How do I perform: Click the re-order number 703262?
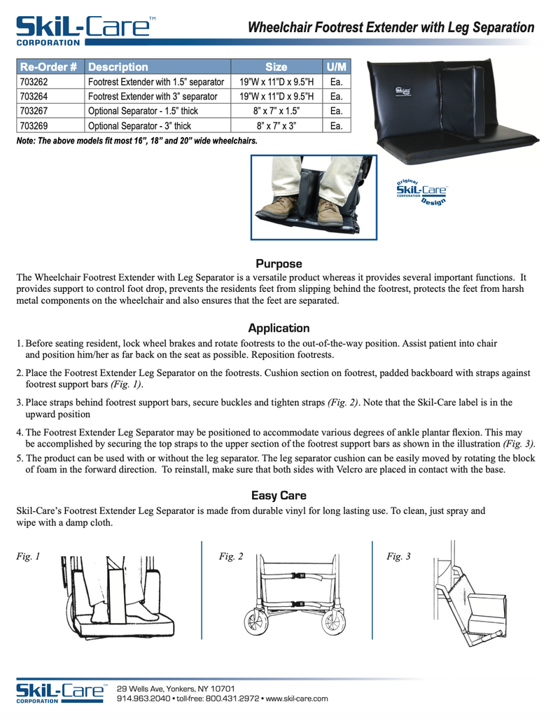[34, 83]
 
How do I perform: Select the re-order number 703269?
[34, 127]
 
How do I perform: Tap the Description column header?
[118, 68]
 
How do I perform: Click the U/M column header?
[336, 68]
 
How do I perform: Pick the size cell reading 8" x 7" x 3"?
[276, 127]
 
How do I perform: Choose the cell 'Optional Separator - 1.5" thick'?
[143, 112]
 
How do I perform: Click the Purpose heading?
[279, 264]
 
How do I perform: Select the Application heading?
[279, 328]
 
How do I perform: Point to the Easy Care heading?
[279, 496]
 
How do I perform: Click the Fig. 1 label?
[28, 557]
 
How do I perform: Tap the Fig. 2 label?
[231, 557]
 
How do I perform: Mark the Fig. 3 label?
[398, 557]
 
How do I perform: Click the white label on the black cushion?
[402, 90]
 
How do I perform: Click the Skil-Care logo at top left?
[84, 29]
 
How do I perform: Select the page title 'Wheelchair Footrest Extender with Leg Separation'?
[391, 28]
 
